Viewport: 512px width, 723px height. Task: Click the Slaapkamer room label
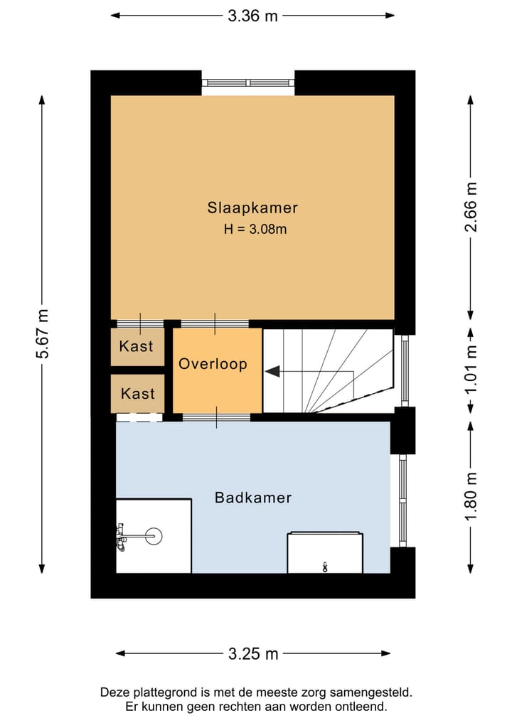point(252,208)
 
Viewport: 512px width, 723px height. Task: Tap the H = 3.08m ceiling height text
point(255,229)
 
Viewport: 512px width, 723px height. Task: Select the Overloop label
point(213,364)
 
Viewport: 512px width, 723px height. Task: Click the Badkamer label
point(253,498)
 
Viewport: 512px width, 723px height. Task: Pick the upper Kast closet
point(137,347)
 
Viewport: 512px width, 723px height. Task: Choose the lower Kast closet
point(137,394)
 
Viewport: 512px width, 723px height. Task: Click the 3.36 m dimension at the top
point(252,16)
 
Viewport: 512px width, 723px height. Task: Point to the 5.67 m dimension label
point(43,334)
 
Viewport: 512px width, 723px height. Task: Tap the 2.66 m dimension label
point(471,207)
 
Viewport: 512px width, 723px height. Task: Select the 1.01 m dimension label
point(471,370)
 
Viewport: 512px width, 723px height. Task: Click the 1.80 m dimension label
point(471,496)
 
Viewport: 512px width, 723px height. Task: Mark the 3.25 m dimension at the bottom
point(253,653)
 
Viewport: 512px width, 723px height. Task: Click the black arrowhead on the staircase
point(272,370)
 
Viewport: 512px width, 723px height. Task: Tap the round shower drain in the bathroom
point(154,536)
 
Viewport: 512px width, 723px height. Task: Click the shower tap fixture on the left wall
point(122,537)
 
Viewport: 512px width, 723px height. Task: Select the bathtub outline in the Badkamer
point(325,553)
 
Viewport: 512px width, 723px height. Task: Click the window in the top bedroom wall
point(248,83)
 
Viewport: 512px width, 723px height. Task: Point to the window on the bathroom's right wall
point(402,500)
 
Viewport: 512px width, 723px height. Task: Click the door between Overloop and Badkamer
point(216,417)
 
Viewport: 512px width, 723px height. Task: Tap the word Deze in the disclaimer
point(112,692)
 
